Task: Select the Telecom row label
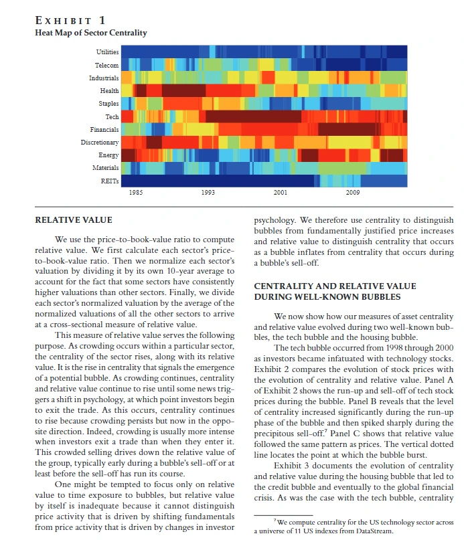click(107, 66)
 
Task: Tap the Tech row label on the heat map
click(112, 116)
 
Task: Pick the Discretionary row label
click(100, 143)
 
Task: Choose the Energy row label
click(108, 155)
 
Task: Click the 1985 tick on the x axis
click(136, 193)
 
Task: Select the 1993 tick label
click(208, 193)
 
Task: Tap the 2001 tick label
click(281, 193)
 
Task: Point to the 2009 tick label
click(353, 193)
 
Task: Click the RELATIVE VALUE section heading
click(74, 220)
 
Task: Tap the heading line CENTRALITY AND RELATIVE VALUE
click(335, 286)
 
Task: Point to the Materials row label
click(105, 168)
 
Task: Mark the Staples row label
click(109, 104)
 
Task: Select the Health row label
click(110, 91)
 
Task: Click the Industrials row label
click(104, 78)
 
